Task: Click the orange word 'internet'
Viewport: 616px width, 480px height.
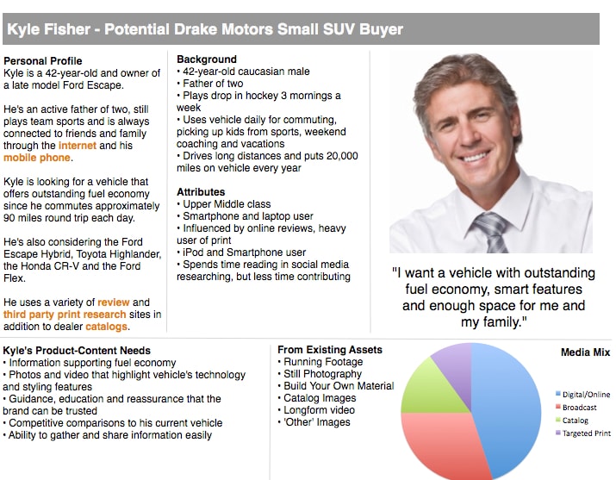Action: click(x=77, y=146)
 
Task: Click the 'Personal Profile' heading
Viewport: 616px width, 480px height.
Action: click(x=43, y=61)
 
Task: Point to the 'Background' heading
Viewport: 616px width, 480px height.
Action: click(x=207, y=59)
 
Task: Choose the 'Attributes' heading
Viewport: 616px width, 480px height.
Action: click(x=201, y=192)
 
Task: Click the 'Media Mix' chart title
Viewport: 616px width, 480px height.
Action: click(x=585, y=352)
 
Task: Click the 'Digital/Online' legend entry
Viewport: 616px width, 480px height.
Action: click(x=585, y=394)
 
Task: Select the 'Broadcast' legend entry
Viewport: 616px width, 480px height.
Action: click(x=580, y=407)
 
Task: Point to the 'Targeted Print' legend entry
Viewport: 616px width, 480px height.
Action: click(x=586, y=433)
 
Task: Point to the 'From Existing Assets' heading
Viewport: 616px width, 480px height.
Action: click(x=330, y=350)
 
